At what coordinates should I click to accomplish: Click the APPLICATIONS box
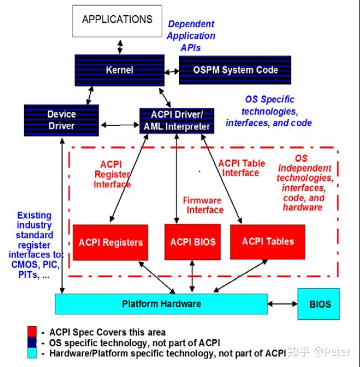pyautogui.click(x=117, y=20)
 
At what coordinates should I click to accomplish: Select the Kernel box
pyautogui.click(x=120, y=70)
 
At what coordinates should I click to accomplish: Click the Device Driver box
pyautogui.click(x=61, y=120)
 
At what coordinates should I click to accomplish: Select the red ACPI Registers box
pyautogui.click(x=110, y=242)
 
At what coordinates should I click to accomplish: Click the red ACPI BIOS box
pyautogui.click(x=193, y=242)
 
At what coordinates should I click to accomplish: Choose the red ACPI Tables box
pyautogui.click(x=268, y=242)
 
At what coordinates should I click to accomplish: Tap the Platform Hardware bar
pyautogui.click(x=161, y=304)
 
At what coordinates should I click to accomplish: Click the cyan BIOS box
pyautogui.click(x=318, y=304)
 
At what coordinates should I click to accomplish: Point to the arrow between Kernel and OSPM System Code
pyautogui.click(x=171, y=70)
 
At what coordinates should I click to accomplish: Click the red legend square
pyautogui.click(x=32, y=332)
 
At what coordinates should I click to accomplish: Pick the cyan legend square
pyautogui.click(x=32, y=352)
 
